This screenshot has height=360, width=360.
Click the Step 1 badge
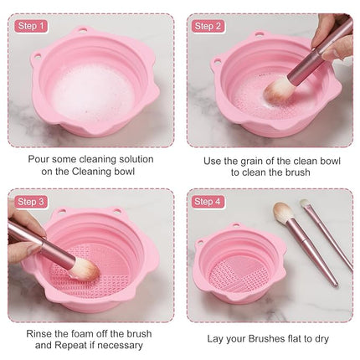click(31, 26)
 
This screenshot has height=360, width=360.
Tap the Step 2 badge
click(208, 26)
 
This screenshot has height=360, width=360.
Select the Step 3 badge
click(31, 202)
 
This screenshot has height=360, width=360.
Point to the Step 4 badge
click(208, 202)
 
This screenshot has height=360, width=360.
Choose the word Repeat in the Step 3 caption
click(70, 345)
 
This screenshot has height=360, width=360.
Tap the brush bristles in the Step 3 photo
click(83, 269)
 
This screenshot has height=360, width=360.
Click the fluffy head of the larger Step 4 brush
click(285, 214)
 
